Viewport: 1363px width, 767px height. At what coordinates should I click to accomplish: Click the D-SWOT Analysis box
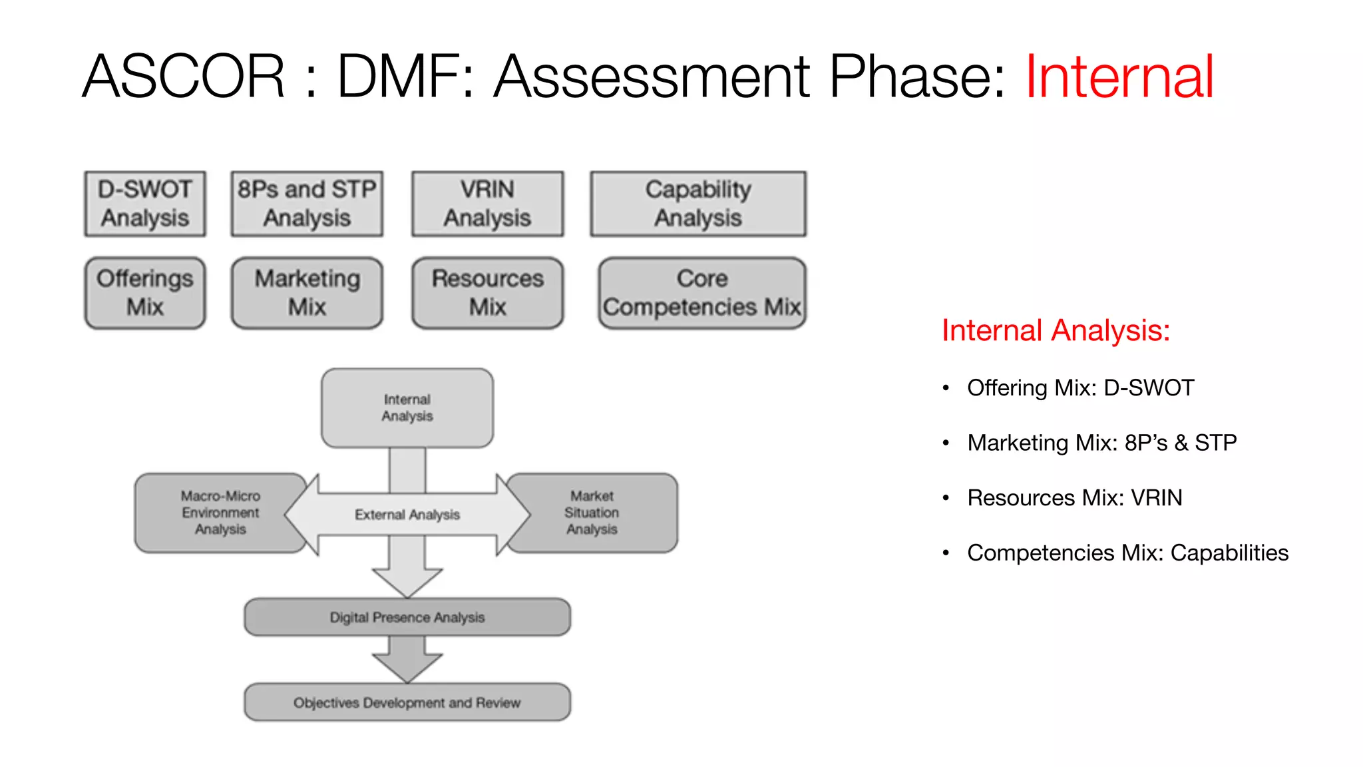click(145, 204)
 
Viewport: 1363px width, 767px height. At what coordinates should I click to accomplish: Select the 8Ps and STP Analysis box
click(307, 204)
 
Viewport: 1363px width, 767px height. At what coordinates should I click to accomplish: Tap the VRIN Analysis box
click(487, 204)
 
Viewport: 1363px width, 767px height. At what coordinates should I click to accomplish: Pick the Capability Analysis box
click(698, 204)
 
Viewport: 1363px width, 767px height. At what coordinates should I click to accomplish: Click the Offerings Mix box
click(145, 293)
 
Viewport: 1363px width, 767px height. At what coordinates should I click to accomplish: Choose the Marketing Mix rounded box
click(307, 293)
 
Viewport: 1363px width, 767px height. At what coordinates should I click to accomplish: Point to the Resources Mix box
click(487, 293)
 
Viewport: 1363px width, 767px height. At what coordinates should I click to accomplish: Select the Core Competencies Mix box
click(701, 293)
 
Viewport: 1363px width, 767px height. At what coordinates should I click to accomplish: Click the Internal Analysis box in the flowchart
click(407, 408)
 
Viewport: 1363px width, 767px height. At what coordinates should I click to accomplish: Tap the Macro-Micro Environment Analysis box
click(220, 513)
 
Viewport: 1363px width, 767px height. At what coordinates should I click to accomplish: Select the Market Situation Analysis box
click(592, 513)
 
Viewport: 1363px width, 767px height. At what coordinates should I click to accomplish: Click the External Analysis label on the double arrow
click(407, 515)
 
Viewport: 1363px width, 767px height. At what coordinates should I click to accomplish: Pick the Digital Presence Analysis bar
click(407, 617)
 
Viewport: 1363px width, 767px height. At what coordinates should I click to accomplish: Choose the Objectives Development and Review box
click(407, 702)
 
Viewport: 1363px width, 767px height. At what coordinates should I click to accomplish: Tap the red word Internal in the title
click(1119, 77)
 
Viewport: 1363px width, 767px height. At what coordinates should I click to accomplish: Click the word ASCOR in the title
click(184, 77)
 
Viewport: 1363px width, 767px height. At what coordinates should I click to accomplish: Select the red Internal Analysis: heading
click(1056, 331)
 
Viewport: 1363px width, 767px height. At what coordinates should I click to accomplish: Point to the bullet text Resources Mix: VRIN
click(1074, 498)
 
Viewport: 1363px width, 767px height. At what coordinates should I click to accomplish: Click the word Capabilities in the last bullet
click(1229, 553)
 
